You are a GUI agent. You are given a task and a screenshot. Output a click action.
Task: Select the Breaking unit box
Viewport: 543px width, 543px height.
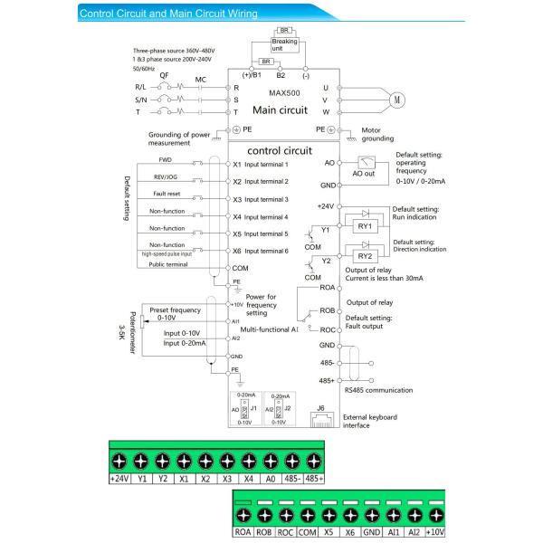pos(284,44)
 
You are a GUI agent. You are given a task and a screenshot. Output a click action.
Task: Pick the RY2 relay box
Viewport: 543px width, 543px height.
pos(366,256)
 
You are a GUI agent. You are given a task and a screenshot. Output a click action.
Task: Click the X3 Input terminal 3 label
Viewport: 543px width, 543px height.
pos(261,199)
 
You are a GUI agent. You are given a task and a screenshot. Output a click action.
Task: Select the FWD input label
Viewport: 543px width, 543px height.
pos(166,159)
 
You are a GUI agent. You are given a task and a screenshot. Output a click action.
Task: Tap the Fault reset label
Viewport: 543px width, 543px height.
pos(166,195)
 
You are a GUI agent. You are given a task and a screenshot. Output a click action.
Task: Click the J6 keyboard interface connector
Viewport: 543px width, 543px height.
pos(319,418)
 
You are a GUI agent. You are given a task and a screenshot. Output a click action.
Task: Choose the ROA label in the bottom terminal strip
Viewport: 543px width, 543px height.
pos(243,533)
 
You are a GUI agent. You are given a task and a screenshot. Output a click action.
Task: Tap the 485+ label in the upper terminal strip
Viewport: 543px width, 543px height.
pos(314,478)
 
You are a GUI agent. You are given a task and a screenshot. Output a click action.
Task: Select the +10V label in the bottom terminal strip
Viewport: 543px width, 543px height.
pos(435,533)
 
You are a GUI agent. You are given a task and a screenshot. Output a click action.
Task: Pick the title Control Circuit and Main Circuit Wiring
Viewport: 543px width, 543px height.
pos(168,14)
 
